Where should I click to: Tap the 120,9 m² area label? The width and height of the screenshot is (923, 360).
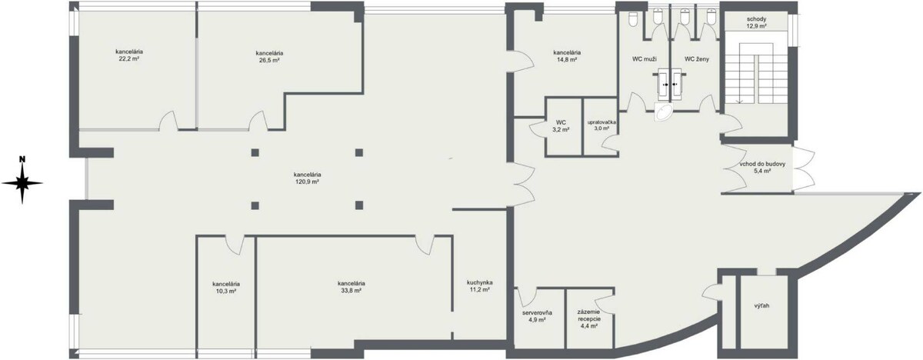point(307,182)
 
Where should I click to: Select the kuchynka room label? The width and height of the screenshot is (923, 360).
point(480,282)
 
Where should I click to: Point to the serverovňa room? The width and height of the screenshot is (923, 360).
point(539,317)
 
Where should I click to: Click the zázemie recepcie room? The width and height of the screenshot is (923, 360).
point(590,317)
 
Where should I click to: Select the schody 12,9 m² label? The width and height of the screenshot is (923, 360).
point(757,22)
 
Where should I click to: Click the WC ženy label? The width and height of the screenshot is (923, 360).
point(697,59)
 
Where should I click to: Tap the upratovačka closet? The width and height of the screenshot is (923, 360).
point(601,127)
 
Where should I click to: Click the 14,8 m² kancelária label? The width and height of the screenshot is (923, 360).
point(567,56)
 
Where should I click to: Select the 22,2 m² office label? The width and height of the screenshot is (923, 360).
point(129,55)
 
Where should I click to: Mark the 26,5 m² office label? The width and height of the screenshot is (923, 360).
point(269,56)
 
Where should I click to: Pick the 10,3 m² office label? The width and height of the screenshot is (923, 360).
point(226,288)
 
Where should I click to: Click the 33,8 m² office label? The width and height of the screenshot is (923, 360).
point(351,287)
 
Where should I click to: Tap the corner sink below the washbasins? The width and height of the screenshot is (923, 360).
point(663,112)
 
